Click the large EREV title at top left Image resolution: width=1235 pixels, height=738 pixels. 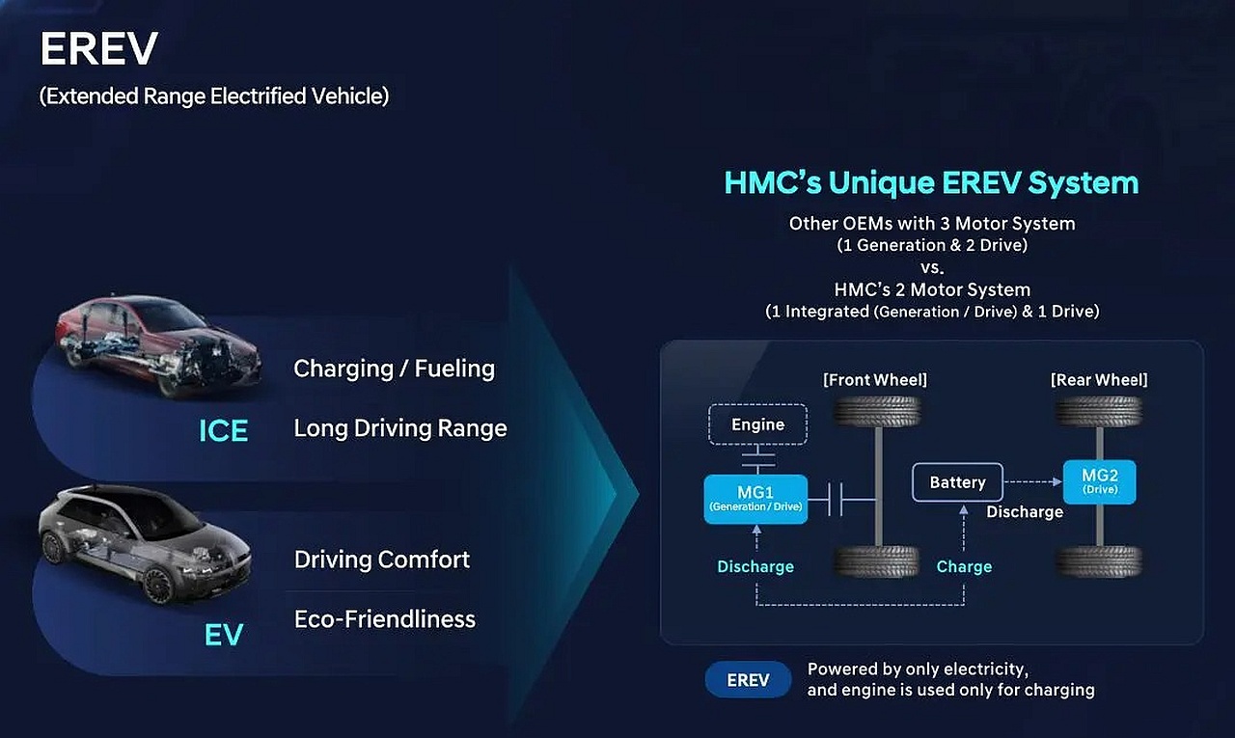click(99, 48)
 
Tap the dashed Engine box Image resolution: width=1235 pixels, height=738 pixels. click(757, 424)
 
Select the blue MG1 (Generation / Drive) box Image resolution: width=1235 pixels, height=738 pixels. click(755, 499)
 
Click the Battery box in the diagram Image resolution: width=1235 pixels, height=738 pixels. click(958, 482)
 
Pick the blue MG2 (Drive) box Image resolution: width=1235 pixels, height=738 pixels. click(1099, 481)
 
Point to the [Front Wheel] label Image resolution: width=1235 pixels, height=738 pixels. click(875, 380)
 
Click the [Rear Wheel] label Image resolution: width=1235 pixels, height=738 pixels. click(1099, 380)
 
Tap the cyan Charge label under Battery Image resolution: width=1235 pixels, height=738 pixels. click(964, 566)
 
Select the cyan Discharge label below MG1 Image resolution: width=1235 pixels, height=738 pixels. click(755, 566)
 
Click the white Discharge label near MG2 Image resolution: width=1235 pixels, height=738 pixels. click(1025, 512)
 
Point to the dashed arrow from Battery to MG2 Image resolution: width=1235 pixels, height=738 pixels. click(1032, 481)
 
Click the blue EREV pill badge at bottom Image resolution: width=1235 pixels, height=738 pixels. click(748, 679)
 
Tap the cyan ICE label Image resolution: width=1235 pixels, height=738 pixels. click(223, 430)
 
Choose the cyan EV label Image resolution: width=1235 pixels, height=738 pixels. click(223, 635)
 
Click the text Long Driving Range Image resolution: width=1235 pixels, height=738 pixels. click(400, 428)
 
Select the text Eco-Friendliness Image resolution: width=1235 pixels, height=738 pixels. click(385, 619)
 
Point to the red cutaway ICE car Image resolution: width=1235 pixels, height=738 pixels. click(157, 344)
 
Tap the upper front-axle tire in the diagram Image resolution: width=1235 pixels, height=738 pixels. click(877, 411)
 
